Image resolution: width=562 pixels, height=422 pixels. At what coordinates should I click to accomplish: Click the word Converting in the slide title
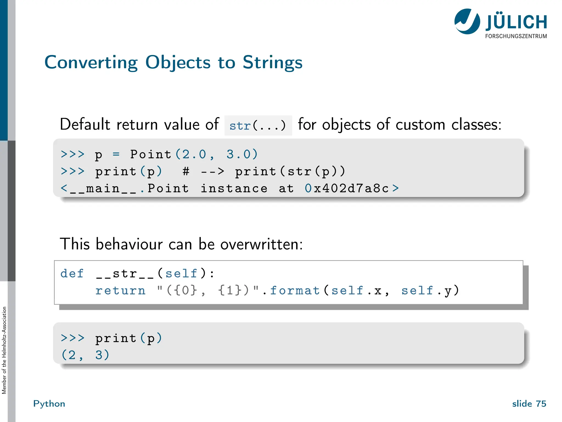point(91,63)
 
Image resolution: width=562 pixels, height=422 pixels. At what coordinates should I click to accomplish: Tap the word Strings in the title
point(272,63)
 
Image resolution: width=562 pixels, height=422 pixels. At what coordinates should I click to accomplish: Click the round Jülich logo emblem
point(467,21)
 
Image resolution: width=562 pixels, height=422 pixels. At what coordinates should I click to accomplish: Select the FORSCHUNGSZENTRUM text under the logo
point(516,36)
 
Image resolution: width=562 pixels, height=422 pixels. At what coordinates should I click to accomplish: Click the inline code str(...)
point(258,126)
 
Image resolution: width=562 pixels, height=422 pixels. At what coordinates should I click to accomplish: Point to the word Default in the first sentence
point(85,124)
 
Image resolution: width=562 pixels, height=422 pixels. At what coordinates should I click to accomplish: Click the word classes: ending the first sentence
point(476,124)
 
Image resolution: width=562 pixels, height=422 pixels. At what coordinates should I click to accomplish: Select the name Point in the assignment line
point(151,154)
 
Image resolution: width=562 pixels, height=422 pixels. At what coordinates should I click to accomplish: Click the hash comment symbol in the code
point(186,171)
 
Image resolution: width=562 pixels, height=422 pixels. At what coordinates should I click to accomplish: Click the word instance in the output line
point(234,188)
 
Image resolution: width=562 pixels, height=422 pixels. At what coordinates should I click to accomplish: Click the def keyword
point(72,274)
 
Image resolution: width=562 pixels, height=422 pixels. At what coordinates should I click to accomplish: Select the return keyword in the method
point(120,291)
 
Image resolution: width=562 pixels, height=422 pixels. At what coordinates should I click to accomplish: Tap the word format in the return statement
point(295,291)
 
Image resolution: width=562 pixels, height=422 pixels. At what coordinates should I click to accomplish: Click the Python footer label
point(49,404)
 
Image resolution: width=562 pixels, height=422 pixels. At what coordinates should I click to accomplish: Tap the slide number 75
point(541,404)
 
